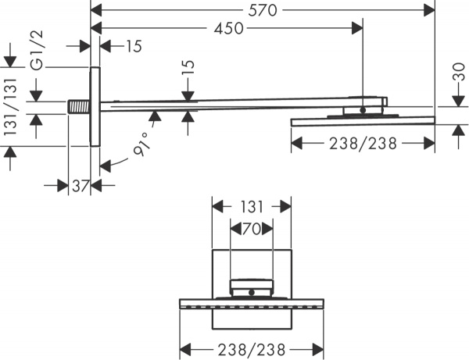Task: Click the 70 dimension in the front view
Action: pos(252,230)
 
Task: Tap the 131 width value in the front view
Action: pos(252,207)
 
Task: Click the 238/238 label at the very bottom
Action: pos(252,349)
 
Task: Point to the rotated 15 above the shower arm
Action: pos(187,81)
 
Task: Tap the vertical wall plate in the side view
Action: pos(95,106)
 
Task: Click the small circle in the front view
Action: pos(252,293)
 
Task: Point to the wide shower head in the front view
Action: pos(252,302)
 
